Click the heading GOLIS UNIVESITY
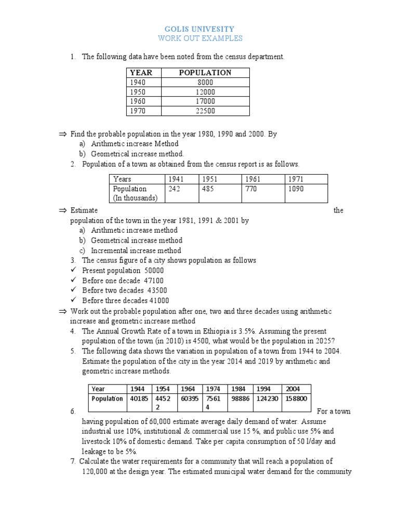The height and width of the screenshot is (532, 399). (199, 29)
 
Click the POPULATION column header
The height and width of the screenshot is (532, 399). (205, 73)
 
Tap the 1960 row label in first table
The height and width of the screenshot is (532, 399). (138, 101)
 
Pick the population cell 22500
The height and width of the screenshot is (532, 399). (205, 111)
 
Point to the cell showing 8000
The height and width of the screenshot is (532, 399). (205, 82)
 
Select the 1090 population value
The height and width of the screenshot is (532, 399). (296, 189)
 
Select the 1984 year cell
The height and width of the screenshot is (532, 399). (240, 389)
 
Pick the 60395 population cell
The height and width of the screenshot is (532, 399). (188, 398)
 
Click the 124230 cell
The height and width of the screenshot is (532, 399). (267, 398)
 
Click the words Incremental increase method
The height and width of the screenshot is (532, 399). (136, 250)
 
